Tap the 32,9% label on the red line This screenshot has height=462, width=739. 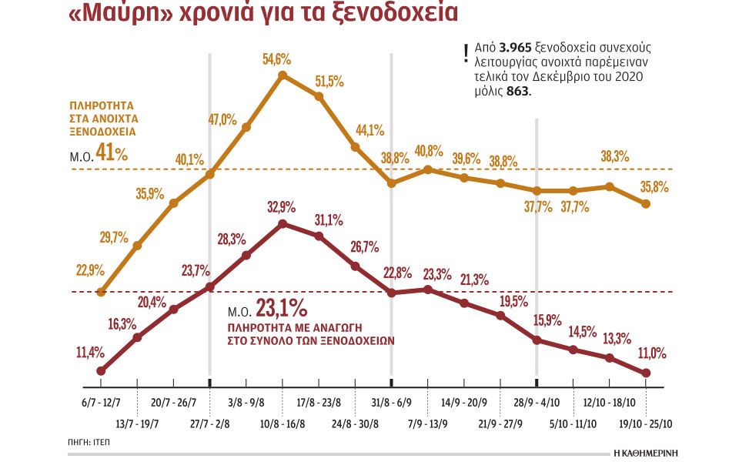pyautogui.click(x=282, y=206)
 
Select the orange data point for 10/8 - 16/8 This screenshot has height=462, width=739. pyautogui.click(x=283, y=75)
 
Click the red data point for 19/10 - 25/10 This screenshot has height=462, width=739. pyautogui.click(x=645, y=373)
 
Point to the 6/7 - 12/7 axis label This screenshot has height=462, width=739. pyautogui.click(x=101, y=402)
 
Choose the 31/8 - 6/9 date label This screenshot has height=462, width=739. pyautogui.click(x=391, y=402)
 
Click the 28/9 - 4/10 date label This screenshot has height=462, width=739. pyautogui.click(x=536, y=402)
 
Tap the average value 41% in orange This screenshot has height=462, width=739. pyautogui.click(x=118, y=154)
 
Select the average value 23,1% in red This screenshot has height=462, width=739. pyautogui.click(x=281, y=310)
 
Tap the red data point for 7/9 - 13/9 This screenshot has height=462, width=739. pyautogui.click(x=427, y=290)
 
